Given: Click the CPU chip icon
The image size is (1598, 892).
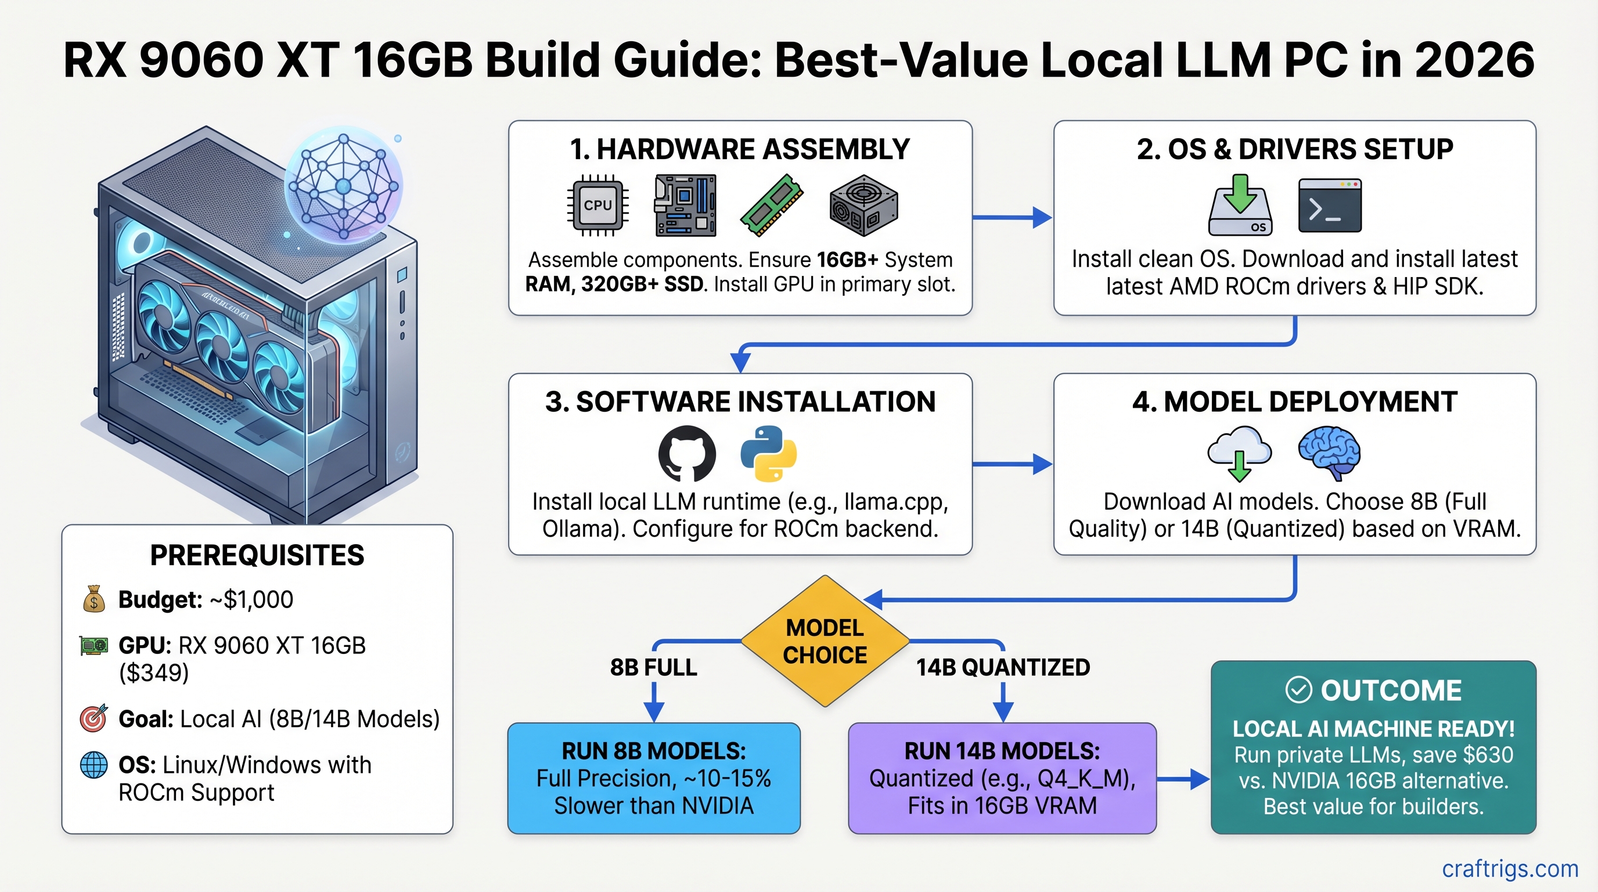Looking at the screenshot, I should point(598,206).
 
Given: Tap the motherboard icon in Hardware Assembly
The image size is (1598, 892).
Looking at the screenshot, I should point(685,206).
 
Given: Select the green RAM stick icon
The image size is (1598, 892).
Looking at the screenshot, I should point(772,206).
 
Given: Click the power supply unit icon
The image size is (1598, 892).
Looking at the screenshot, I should point(863,206).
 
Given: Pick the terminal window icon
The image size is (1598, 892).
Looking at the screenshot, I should point(1329,206).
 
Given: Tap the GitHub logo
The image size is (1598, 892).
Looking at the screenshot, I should point(687,454).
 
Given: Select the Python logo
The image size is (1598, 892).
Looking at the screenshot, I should point(769,454).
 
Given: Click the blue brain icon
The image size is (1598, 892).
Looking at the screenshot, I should point(1329,452).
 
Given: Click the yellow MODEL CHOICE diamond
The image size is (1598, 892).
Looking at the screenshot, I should point(825,641).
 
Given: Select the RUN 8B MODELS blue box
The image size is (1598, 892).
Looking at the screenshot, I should point(654,778).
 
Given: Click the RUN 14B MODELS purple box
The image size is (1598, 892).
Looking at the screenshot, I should point(1002,778).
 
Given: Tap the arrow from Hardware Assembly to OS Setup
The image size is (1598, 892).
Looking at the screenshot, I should point(1012,217).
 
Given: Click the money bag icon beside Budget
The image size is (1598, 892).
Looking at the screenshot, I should point(93,599).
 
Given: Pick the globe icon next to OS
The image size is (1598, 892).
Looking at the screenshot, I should point(93,765).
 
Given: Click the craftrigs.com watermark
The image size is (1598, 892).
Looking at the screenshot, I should point(1510,868).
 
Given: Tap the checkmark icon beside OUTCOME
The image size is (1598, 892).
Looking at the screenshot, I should point(1298,690).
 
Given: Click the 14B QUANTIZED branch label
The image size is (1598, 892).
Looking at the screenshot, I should point(1003,667).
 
